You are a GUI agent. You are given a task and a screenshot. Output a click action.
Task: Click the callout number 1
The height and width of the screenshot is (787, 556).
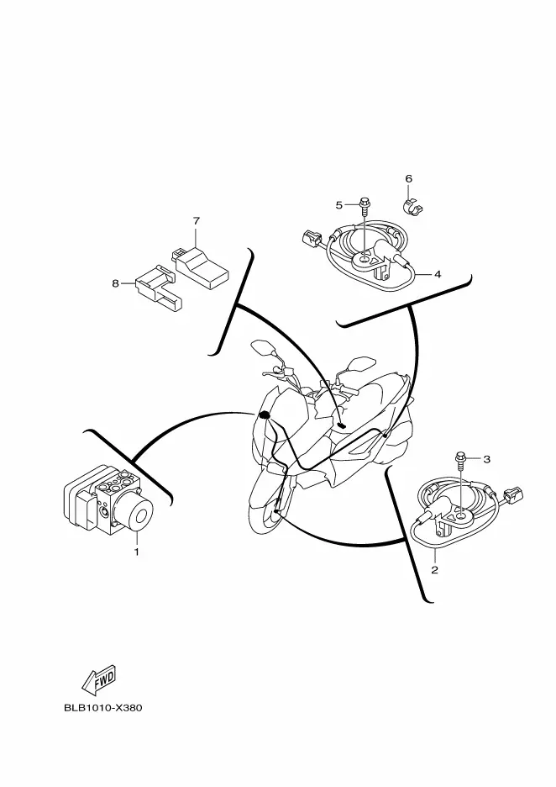pyautogui.click(x=136, y=552)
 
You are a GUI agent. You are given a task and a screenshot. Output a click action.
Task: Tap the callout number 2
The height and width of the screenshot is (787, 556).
pyautogui.click(x=434, y=570)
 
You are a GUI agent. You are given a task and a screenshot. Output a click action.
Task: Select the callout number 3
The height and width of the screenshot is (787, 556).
pyautogui.click(x=485, y=458)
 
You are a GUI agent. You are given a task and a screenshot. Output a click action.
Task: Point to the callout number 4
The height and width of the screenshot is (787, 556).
pyautogui.click(x=438, y=273)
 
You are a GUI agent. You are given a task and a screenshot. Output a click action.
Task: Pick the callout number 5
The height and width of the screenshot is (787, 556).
pyautogui.click(x=339, y=204)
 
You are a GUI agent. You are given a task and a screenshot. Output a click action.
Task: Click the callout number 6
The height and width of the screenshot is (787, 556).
pyautogui.click(x=408, y=179)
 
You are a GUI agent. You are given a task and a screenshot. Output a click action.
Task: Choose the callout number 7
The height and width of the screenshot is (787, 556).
pyautogui.click(x=196, y=221)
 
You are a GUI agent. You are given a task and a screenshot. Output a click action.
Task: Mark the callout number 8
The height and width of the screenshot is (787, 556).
pyautogui.click(x=116, y=283)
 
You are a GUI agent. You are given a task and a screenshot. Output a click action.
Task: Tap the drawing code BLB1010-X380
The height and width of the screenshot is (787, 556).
pyautogui.click(x=103, y=708)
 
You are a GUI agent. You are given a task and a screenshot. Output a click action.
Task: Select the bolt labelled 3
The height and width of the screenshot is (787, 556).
pyautogui.click(x=461, y=459)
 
